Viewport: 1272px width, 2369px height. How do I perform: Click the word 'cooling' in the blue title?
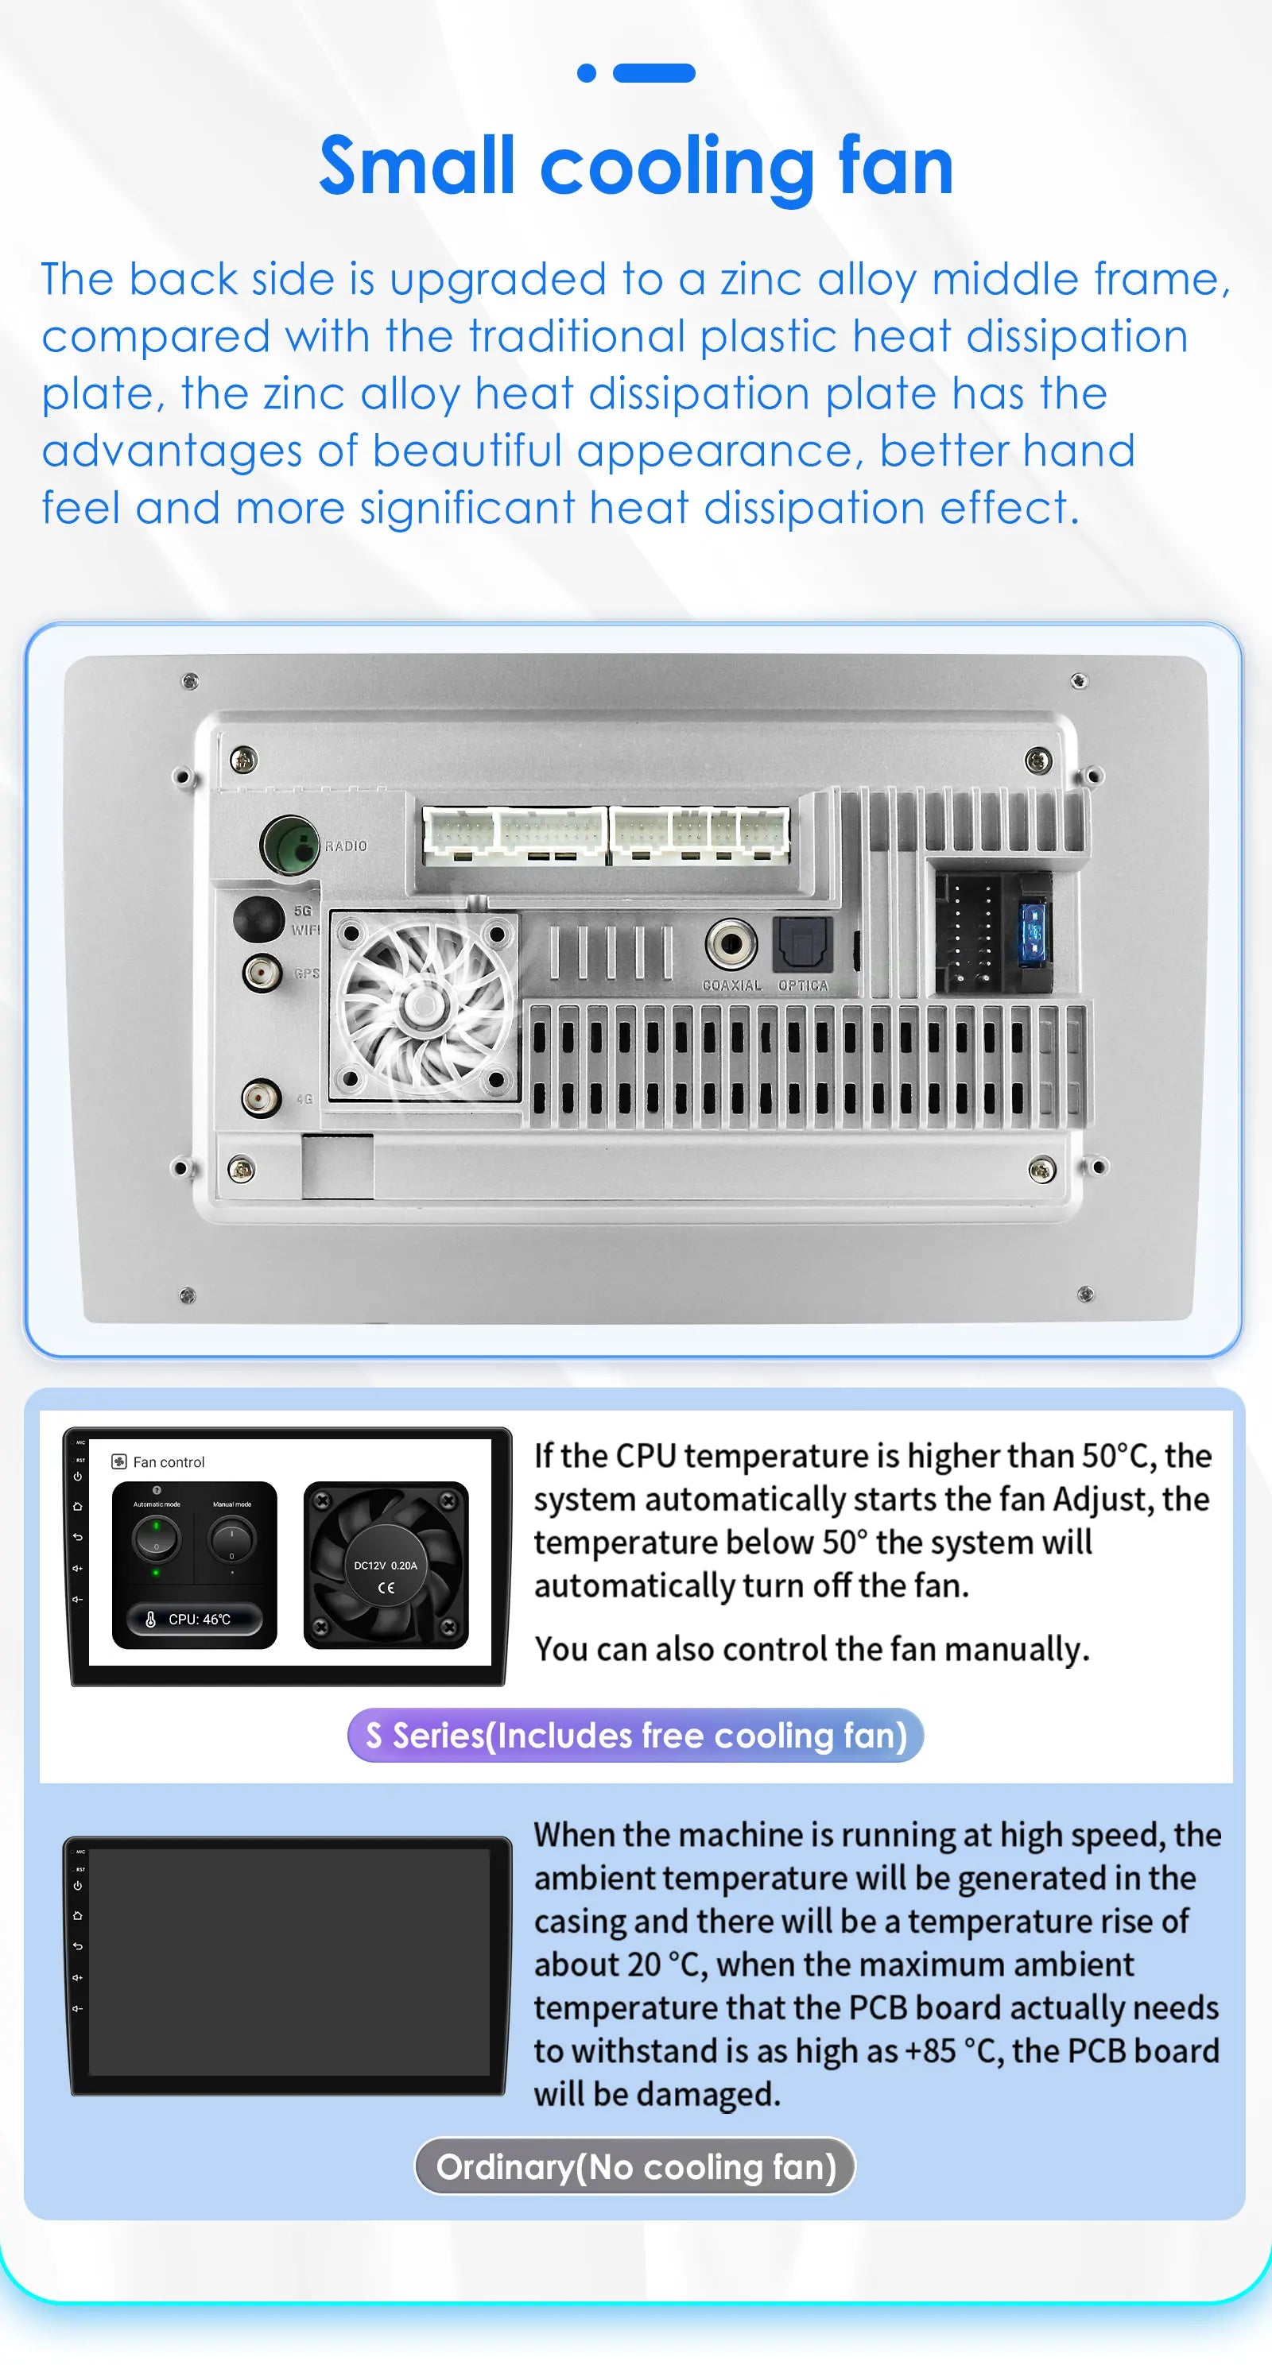click(676, 168)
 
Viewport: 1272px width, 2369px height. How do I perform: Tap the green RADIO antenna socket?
click(289, 844)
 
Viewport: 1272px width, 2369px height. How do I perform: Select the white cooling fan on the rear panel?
click(423, 1006)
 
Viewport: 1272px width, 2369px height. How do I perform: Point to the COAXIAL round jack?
click(731, 943)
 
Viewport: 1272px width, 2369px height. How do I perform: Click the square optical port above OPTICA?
click(803, 943)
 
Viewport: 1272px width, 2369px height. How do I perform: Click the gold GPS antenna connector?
click(262, 972)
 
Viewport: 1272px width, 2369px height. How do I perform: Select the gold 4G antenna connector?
click(262, 1097)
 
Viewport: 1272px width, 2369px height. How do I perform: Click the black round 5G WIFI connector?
click(258, 918)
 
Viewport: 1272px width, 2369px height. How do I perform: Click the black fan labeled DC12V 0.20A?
click(386, 1564)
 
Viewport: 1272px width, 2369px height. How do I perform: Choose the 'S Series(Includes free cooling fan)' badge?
click(635, 1736)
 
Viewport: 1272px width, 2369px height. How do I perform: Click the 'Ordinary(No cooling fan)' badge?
click(635, 2166)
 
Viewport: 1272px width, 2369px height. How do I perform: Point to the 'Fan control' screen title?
click(169, 1462)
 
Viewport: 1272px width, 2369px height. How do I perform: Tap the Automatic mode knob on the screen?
click(157, 1539)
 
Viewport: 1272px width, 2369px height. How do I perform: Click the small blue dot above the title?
click(586, 72)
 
